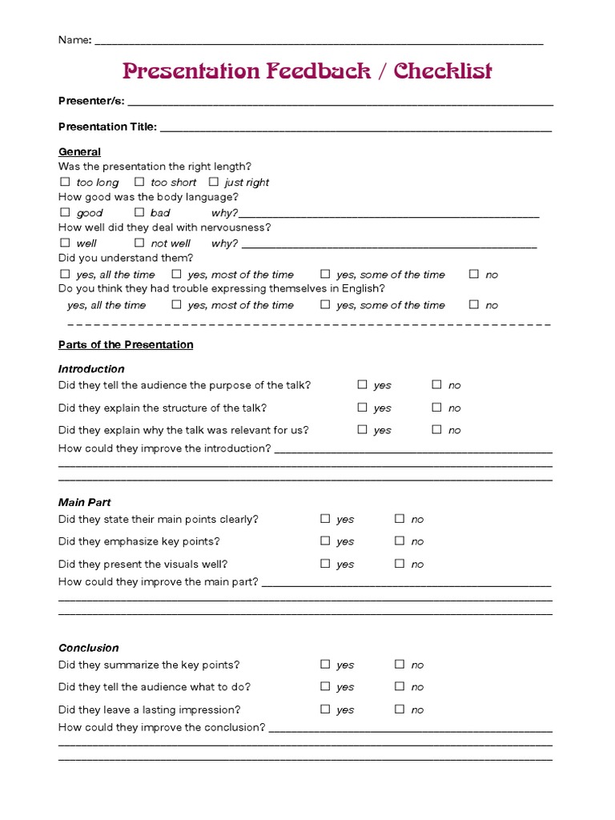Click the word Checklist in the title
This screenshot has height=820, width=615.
point(443,72)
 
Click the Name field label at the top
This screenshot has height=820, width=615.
point(74,40)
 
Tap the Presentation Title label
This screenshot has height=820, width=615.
point(107,127)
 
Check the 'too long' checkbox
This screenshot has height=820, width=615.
point(65,182)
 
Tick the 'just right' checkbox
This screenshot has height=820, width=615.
point(214,182)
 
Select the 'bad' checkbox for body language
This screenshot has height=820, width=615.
point(139,212)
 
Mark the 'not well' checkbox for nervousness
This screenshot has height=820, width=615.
point(139,243)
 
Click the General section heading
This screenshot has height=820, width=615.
point(79,151)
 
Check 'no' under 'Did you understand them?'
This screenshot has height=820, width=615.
point(474,274)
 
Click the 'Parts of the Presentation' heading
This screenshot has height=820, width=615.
point(126,344)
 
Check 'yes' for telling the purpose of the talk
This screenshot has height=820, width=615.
point(363,384)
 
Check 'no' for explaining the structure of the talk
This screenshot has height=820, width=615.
point(436,407)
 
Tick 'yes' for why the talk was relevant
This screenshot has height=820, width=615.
point(363,429)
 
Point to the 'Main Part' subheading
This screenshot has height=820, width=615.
point(84,502)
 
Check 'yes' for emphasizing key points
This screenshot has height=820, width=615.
point(325,541)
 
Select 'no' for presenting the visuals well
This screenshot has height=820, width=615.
point(399,563)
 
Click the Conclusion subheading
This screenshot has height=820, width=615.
point(88,648)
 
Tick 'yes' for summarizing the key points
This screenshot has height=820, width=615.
point(325,664)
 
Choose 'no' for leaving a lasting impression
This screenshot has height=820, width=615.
point(399,709)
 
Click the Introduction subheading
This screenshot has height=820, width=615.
point(91,368)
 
